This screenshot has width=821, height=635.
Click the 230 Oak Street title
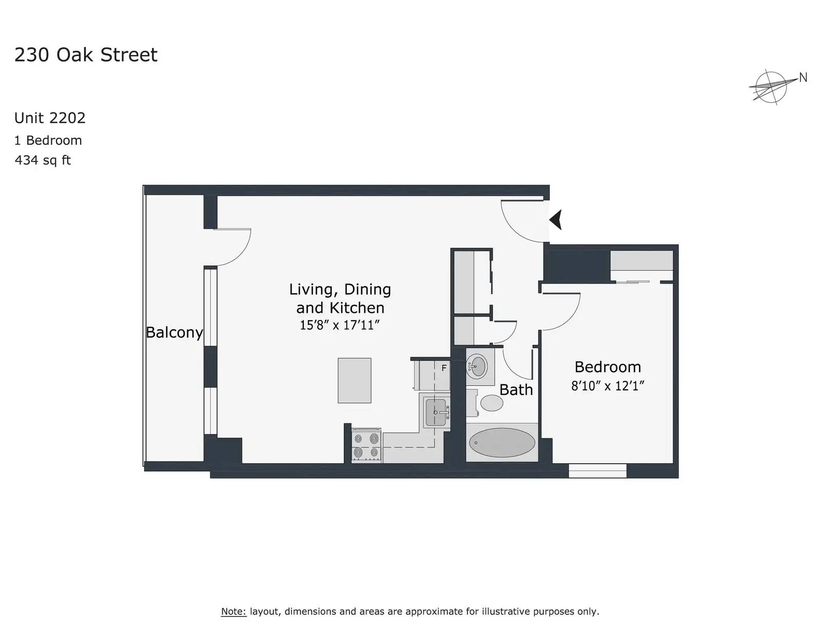coord(86,55)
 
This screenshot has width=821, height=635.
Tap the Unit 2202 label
coord(50,118)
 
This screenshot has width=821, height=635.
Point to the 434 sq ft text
coord(43,160)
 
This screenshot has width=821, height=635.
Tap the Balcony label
coord(174,332)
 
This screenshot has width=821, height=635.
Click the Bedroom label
coord(608,367)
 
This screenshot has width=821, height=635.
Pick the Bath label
coord(516,389)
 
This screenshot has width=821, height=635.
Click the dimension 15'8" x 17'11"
coord(339,325)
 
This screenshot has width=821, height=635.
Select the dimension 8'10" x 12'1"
coord(608,386)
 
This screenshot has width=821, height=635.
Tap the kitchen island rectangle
coord(355,381)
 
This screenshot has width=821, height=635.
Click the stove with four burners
coord(366,445)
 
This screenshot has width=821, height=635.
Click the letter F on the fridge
coord(444,368)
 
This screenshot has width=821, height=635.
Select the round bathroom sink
coord(477,366)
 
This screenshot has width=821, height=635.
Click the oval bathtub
coord(502,442)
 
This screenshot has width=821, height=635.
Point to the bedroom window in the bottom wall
coord(597,471)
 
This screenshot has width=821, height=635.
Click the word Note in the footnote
coord(233,611)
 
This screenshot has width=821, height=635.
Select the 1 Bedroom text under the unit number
coord(48,140)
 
